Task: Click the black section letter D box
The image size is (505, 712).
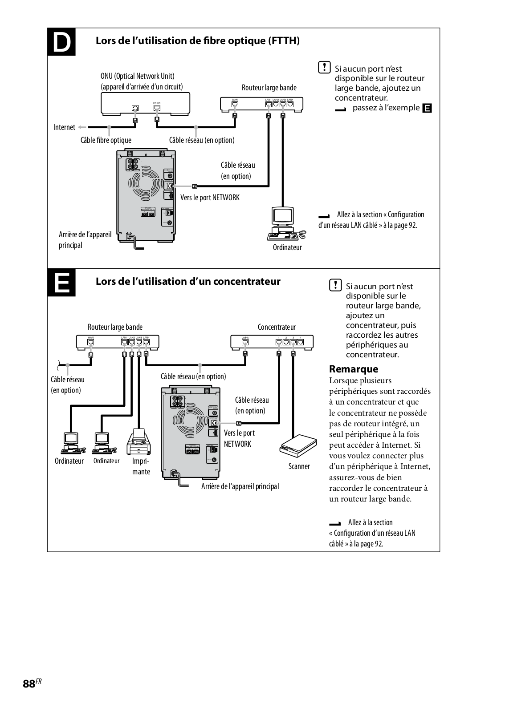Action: coord(61,42)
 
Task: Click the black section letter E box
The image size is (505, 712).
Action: coord(61,283)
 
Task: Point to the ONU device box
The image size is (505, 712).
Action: coord(145,104)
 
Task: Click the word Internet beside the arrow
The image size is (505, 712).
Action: coord(64,127)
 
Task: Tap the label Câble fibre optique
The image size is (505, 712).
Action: coord(106,140)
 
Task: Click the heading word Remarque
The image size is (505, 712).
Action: coord(354,369)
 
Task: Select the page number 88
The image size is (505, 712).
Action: coord(29,684)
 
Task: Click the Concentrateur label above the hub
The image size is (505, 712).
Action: coord(277,327)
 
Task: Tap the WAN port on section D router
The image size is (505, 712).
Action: coord(235,105)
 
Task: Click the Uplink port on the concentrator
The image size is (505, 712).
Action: coord(244,343)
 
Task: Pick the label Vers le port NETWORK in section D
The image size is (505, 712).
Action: coord(210,197)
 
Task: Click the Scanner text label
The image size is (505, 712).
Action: coord(299,466)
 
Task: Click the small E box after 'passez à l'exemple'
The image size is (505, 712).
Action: coord(427,108)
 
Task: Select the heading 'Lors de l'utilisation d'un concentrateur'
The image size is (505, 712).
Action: coord(188,281)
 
